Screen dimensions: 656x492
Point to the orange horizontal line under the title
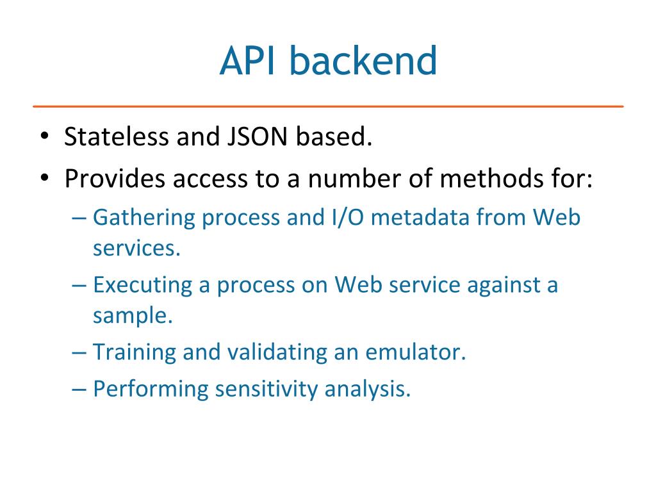click(x=328, y=106)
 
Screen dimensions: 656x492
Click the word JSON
click(x=251, y=137)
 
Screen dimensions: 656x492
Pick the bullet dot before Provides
click(x=44, y=178)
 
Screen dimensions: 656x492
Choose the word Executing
click(x=142, y=285)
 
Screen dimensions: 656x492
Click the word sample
click(x=132, y=316)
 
